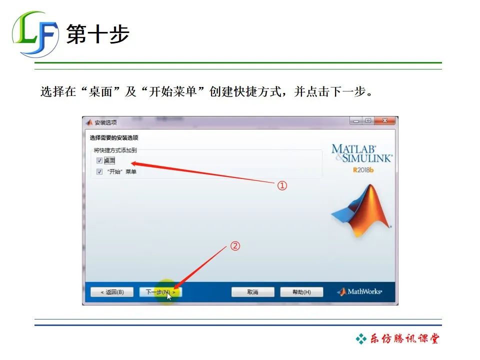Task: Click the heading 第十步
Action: click(x=98, y=34)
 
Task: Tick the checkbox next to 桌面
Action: click(x=99, y=161)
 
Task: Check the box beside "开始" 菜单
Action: click(x=99, y=171)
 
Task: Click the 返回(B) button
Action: click(x=112, y=292)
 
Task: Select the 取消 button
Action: click(x=252, y=292)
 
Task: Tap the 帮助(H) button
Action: click(x=301, y=292)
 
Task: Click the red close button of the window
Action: click(x=385, y=121)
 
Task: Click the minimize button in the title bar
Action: click(x=356, y=121)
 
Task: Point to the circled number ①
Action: click(x=282, y=186)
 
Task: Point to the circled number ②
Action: click(x=235, y=246)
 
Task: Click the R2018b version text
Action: click(x=363, y=170)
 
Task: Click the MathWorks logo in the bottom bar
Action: click(x=360, y=292)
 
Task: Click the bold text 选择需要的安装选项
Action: click(x=114, y=138)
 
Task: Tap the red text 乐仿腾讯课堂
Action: click(x=404, y=339)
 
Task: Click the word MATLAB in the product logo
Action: click(x=353, y=148)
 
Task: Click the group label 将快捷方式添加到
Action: click(x=115, y=150)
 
